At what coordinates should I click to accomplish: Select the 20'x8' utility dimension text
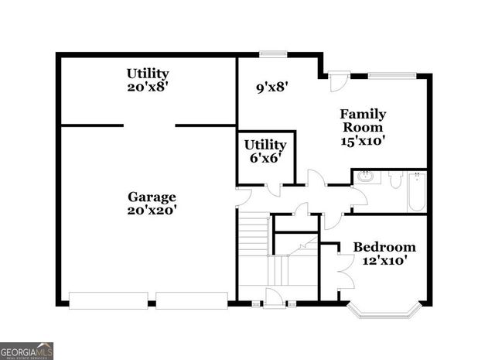pyautogui.click(x=148, y=87)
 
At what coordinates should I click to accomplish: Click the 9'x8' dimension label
pyautogui.click(x=272, y=87)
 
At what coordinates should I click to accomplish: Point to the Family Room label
pyautogui.click(x=363, y=121)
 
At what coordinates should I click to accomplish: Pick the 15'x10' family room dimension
pyautogui.click(x=363, y=141)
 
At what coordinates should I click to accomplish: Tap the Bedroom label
pyautogui.click(x=384, y=247)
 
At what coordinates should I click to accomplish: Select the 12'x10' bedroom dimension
pyautogui.click(x=384, y=261)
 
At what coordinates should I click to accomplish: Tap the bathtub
pyautogui.click(x=417, y=191)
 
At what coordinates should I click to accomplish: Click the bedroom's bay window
pyautogui.click(x=384, y=312)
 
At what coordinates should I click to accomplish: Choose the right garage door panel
pyautogui.click(x=193, y=300)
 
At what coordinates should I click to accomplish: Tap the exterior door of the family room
pyautogui.click(x=338, y=81)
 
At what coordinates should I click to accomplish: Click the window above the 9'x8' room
pyautogui.click(x=272, y=53)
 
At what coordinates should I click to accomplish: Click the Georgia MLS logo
pyautogui.click(x=27, y=351)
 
